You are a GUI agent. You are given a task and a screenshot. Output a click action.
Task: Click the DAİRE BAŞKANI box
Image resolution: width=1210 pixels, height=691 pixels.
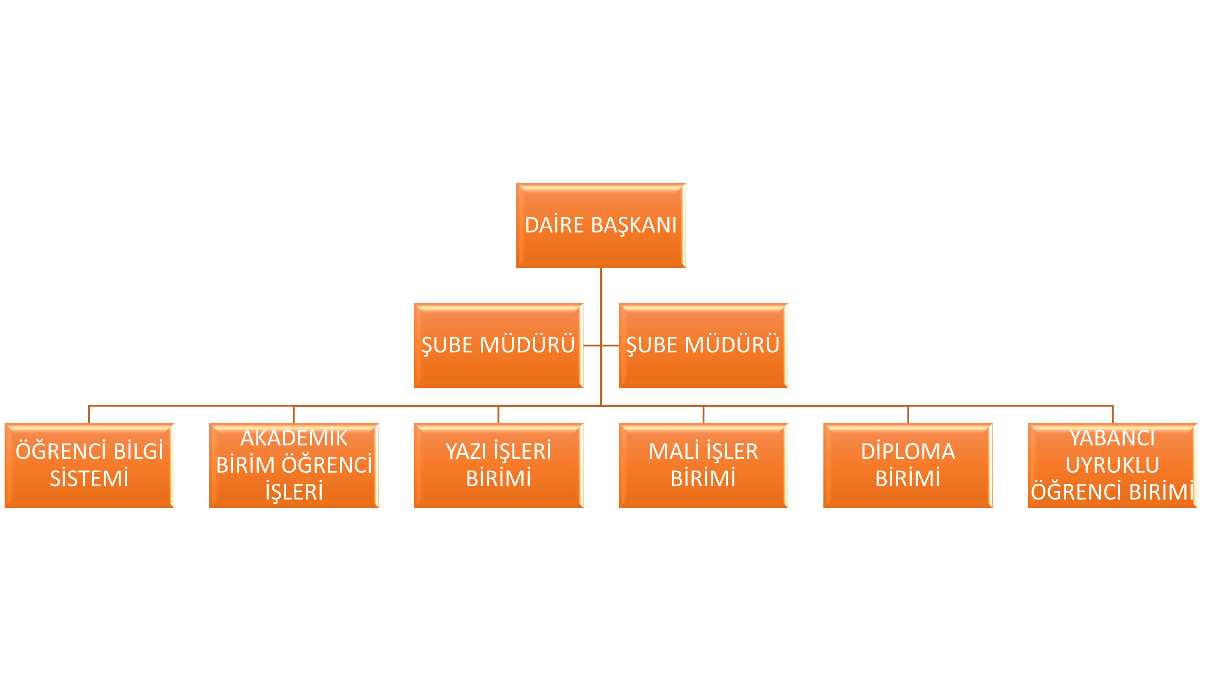[x=600, y=226]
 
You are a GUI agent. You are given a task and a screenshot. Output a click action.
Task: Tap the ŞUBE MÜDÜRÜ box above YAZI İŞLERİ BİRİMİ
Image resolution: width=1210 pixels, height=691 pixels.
[x=498, y=345]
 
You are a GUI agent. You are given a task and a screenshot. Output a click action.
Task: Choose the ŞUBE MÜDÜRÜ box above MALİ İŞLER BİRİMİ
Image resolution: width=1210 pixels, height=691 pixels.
[x=703, y=345]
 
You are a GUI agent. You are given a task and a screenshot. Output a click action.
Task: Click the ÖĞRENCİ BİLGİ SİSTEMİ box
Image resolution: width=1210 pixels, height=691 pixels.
[x=89, y=465]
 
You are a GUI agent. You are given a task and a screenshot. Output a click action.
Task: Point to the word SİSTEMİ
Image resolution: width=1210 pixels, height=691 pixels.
[x=89, y=478]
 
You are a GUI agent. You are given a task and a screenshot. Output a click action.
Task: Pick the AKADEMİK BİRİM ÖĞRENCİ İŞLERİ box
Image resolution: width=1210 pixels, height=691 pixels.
[x=294, y=465]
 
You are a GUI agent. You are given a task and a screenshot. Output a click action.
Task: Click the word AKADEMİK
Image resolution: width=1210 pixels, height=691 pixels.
[x=294, y=437]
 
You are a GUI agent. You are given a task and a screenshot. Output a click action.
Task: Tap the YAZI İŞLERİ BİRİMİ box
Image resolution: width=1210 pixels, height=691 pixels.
[x=498, y=465]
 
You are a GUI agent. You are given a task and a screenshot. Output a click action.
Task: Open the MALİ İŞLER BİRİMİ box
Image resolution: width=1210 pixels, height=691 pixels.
[x=703, y=465]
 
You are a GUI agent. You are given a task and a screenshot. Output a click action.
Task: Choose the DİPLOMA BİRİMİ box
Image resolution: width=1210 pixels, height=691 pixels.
[x=907, y=465]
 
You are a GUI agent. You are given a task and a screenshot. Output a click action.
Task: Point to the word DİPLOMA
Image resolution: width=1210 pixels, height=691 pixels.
[x=907, y=451]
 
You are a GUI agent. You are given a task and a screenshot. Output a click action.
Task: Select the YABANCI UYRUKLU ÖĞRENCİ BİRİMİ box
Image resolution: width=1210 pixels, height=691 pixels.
[x=1112, y=465]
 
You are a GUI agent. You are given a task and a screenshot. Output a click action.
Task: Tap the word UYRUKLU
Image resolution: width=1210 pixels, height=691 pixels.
[x=1112, y=465]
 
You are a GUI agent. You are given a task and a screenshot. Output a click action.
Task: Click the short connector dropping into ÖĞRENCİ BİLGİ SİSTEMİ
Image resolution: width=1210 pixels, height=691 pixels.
[x=89, y=414]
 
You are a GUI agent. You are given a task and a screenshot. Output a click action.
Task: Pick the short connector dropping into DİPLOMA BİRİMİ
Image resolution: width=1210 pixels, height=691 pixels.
[x=907, y=414]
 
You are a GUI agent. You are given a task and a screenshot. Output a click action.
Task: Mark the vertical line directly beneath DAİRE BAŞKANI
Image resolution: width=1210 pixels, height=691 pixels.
[x=600, y=336]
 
